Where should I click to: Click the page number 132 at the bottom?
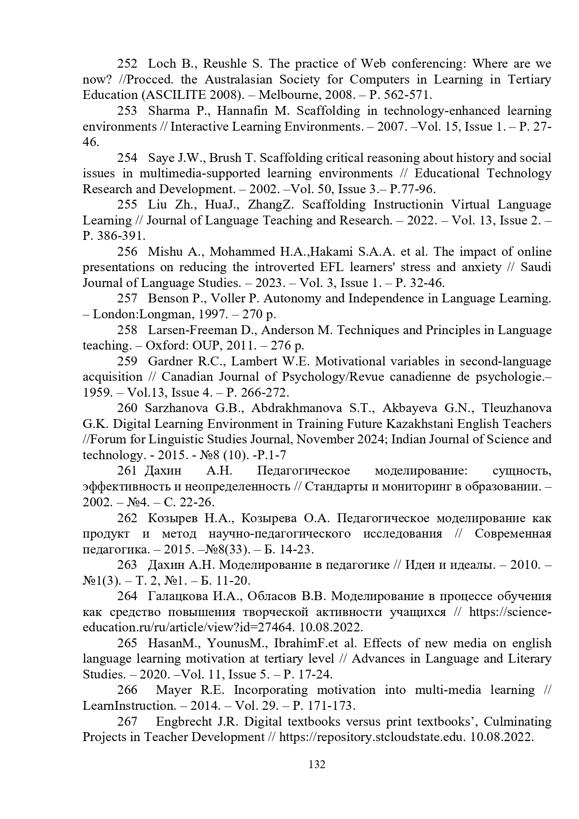317,764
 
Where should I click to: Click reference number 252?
127,63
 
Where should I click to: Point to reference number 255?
127,205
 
